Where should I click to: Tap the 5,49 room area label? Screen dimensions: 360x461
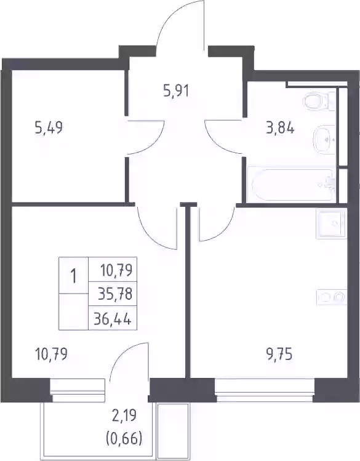click(49, 128)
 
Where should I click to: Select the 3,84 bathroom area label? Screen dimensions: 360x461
click(280, 128)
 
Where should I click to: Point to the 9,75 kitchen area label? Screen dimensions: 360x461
click(278, 355)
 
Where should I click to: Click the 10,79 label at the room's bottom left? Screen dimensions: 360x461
click(51, 354)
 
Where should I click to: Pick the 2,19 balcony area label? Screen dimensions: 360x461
click(124, 416)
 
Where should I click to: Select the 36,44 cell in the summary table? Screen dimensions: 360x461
click(112, 318)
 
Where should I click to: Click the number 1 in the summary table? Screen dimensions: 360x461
click(73, 276)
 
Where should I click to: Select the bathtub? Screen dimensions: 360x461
click(291, 185)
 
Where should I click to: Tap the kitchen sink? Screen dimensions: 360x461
click(332, 224)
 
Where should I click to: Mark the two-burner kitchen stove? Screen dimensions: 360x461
click(332, 297)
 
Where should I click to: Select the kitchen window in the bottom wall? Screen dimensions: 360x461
click(265, 387)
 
